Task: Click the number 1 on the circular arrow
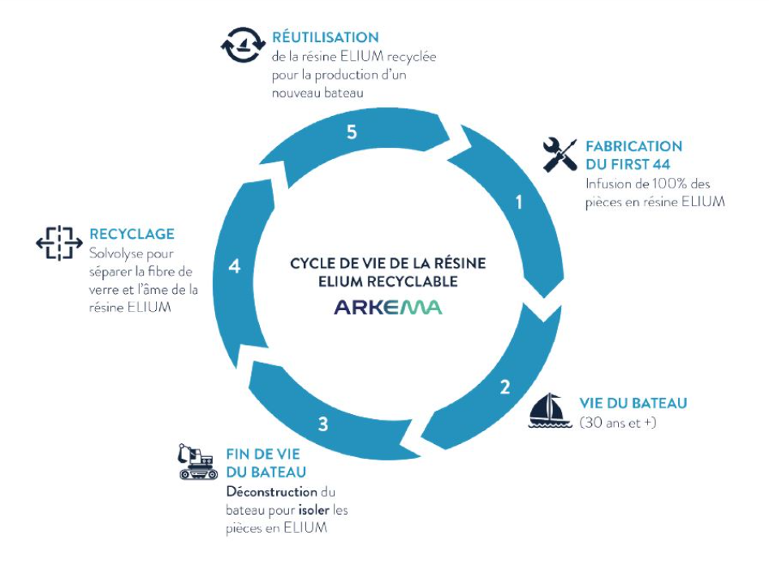[x=519, y=203]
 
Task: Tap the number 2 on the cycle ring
[x=504, y=386]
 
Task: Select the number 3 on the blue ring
[x=323, y=423]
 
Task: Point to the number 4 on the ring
[x=235, y=265]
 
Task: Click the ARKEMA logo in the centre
[x=388, y=308]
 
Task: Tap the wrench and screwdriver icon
[x=559, y=154]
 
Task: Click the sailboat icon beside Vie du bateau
[x=551, y=411]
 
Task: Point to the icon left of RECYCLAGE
[x=59, y=242]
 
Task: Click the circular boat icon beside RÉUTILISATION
[x=243, y=45]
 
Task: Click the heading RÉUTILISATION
[x=326, y=37]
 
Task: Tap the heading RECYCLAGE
[x=132, y=234]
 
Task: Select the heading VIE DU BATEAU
[x=633, y=404]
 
